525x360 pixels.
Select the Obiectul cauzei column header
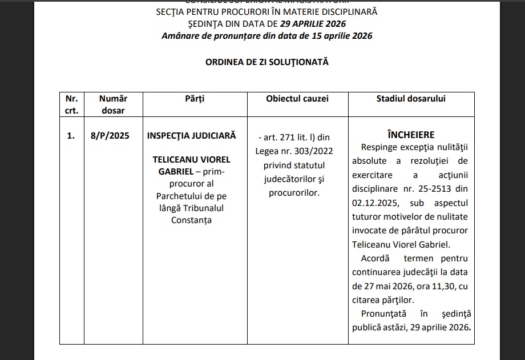pyautogui.click(x=297, y=99)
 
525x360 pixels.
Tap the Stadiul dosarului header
pyautogui.click(x=411, y=99)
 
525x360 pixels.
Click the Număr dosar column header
pyautogui.click(x=112, y=104)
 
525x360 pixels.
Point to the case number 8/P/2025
pyautogui.click(x=106, y=136)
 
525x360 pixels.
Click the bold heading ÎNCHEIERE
pyautogui.click(x=411, y=135)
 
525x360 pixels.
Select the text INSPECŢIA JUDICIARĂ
pyautogui.click(x=191, y=136)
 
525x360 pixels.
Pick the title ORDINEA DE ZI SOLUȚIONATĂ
pyautogui.click(x=267, y=62)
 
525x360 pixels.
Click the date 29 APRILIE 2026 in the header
pyautogui.click(x=313, y=24)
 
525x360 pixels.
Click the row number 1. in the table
pyautogui.click(x=71, y=136)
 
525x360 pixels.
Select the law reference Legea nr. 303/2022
pyautogui.click(x=294, y=151)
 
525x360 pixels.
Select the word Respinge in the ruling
pyautogui.click(x=380, y=147)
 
